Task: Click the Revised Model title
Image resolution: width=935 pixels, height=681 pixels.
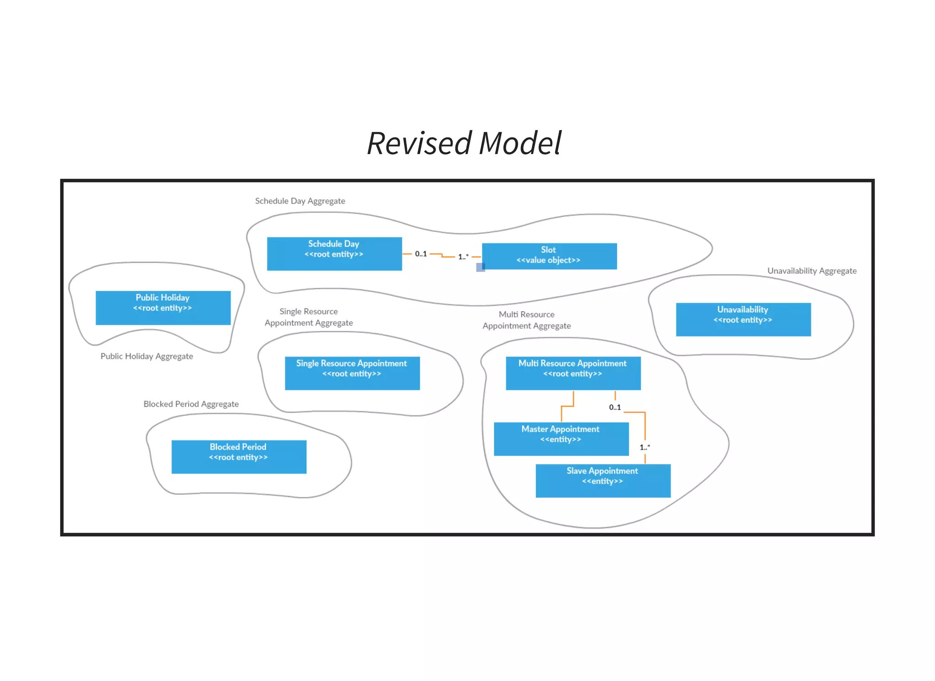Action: tap(464, 143)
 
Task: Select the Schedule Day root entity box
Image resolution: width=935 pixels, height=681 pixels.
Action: tap(334, 254)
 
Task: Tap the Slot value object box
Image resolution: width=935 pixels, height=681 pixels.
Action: tap(549, 256)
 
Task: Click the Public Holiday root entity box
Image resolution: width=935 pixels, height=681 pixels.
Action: tap(163, 308)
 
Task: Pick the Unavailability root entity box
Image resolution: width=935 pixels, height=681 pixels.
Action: tap(743, 320)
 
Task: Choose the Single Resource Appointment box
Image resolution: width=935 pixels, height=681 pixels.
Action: tap(352, 373)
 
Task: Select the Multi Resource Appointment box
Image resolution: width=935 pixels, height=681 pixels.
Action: tap(573, 373)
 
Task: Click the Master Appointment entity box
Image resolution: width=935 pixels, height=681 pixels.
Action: tap(561, 439)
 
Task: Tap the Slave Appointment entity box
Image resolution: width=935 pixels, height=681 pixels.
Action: tap(603, 480)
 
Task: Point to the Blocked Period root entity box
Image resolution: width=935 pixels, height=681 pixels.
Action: tap(239, 456)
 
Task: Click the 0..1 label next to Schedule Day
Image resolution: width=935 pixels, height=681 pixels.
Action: tap(420, 254)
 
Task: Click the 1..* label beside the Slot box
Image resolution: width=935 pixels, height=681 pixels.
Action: tap(463, 257)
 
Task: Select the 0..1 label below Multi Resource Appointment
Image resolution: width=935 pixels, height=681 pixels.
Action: tap(615, 407)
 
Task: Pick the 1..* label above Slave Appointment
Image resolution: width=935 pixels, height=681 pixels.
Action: tap(644, 447)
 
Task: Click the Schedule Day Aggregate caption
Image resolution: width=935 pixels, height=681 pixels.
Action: tap(300, 201)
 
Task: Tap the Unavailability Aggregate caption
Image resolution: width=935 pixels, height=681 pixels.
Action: tap(811, 271)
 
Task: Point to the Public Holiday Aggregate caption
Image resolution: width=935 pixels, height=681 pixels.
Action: tap(147, 356)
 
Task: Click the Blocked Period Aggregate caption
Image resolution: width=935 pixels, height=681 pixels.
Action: tap(191, 404)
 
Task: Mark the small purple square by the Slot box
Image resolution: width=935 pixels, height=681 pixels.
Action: tap(480, 267)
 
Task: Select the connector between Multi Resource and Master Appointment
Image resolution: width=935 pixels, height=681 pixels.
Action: tap(567, 406)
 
